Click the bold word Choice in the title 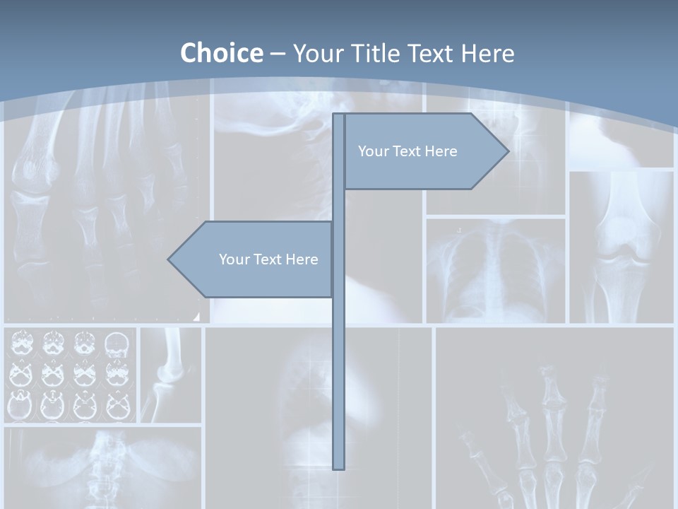221,53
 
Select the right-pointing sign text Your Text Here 408,151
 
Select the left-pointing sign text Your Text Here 268,259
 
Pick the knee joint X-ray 621,247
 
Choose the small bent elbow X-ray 170,375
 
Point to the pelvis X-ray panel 102,467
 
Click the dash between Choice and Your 278,54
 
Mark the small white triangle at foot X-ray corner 196,316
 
